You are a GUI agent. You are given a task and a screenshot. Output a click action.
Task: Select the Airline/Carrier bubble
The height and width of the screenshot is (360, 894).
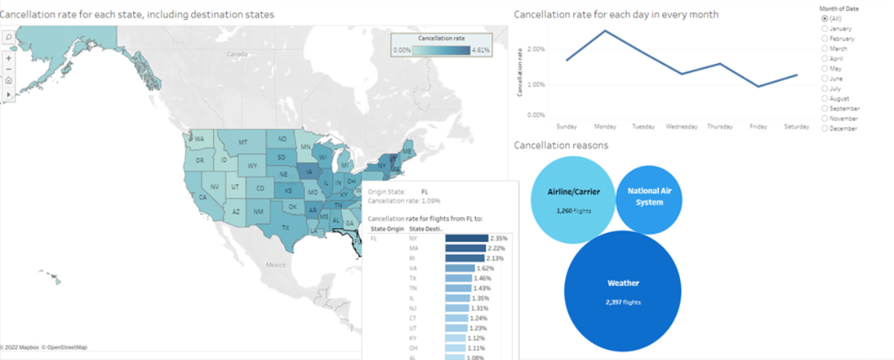click(x=570, y=199)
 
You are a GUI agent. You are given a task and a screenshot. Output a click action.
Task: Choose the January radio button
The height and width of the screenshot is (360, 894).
click(x=825, y=28)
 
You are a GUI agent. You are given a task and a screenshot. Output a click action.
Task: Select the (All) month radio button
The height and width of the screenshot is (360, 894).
click(x=825, y=18)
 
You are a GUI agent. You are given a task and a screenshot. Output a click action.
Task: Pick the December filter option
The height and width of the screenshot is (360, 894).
click(x=825, y=129)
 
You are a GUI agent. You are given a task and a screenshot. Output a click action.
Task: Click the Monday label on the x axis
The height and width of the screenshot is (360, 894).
click(x=605, y=126)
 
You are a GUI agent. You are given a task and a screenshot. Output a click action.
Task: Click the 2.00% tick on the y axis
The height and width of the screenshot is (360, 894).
click(x=535, y=49)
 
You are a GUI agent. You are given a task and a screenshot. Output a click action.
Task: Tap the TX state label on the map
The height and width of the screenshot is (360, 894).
click(x=286, y=228)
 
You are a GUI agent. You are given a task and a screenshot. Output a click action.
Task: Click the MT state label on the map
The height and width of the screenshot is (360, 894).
click(x=243, y=142)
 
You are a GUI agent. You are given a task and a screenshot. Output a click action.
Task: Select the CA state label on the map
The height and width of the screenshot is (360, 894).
click(x=203, y=197)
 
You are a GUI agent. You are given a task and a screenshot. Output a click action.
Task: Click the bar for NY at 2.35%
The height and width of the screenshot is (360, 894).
click(x=466, y=238)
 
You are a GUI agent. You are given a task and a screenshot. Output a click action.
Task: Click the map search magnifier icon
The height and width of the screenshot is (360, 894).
click(x=8, y=36)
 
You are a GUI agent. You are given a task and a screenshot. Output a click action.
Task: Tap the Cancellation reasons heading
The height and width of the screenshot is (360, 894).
click(x=561, y=145)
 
